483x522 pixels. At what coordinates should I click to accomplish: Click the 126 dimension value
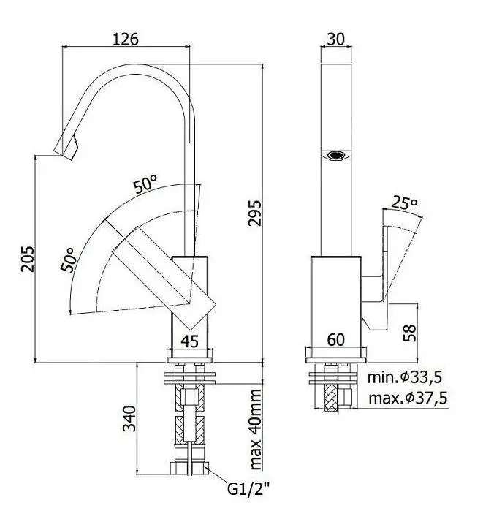click(126, 39)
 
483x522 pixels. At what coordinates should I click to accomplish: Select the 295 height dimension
click(255, 213)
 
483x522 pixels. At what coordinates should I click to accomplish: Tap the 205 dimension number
click(28, 259)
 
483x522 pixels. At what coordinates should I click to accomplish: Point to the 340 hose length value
click(130, 418)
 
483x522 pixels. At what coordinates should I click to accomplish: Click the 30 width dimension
click(335, 39)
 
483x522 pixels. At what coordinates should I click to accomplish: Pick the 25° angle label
click(405, 203)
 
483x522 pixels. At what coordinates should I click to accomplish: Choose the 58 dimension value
click(409, 333)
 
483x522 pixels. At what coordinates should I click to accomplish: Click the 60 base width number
click(335, 340)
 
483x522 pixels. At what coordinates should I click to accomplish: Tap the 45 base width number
click(190, 341)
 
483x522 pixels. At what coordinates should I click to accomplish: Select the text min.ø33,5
click(405, 377)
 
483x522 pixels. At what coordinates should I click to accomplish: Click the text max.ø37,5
click(408, 398)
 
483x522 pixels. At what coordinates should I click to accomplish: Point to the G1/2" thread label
click(248, 489)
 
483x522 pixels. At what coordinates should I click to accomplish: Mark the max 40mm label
click(256, 429)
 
